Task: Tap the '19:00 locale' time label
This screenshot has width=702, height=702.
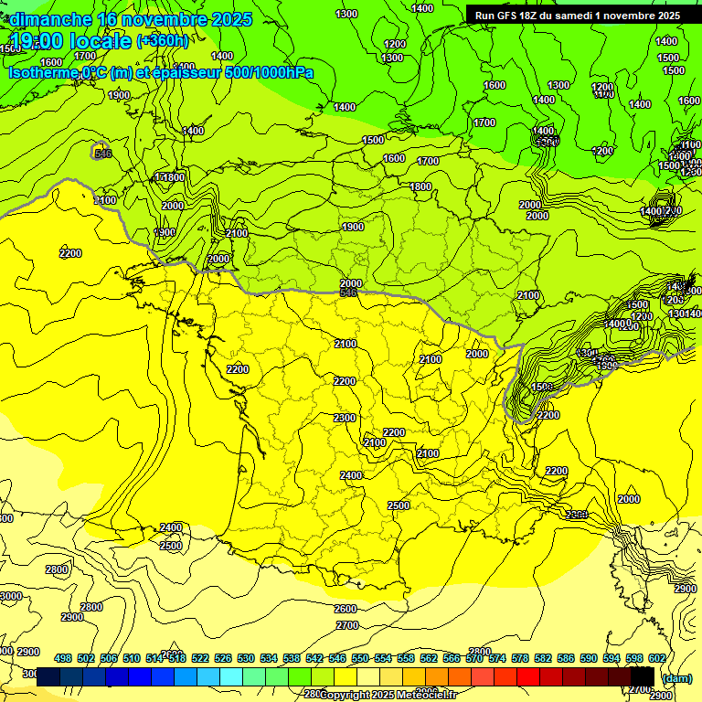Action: pos(71,41)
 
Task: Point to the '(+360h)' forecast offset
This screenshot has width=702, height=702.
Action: pos(162,41)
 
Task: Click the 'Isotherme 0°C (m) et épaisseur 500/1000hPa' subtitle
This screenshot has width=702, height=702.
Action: pos(160,72)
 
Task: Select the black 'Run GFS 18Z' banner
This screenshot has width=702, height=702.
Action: pos(577,16)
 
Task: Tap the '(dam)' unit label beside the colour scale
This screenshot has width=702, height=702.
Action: pos(677,677)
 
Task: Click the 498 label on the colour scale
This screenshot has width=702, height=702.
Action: pos(63,658)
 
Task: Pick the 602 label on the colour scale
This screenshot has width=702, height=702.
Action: pos(656,658)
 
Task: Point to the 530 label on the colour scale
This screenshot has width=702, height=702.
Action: pos(246,658)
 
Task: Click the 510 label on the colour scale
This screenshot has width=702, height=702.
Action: pos(132,658)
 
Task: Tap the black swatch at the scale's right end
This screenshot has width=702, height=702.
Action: pos(642,676)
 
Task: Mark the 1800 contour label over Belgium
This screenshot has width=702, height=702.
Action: pos(420,186)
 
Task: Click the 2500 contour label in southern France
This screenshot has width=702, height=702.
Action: pos(399,505)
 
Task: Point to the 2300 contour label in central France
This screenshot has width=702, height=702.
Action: pos(345,418)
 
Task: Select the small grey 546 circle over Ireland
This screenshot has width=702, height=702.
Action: pos(101,153)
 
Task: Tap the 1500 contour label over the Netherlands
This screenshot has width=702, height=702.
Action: pos(373,140)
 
